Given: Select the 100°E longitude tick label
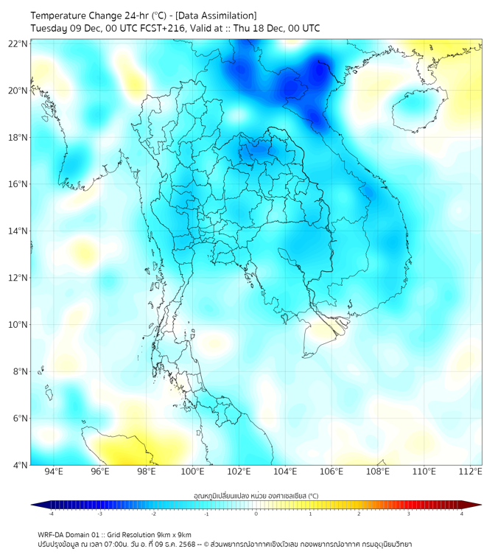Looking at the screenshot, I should tap(192, 472).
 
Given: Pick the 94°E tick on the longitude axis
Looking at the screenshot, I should tap(54, 472).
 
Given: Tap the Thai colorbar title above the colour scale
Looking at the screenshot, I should tap(256, 496).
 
